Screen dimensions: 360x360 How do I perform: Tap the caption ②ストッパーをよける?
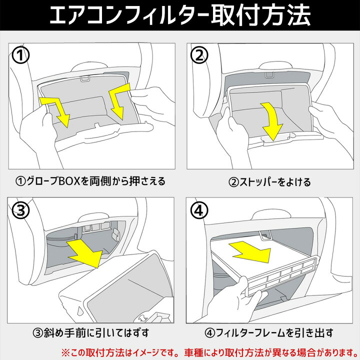tap(269, 181)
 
